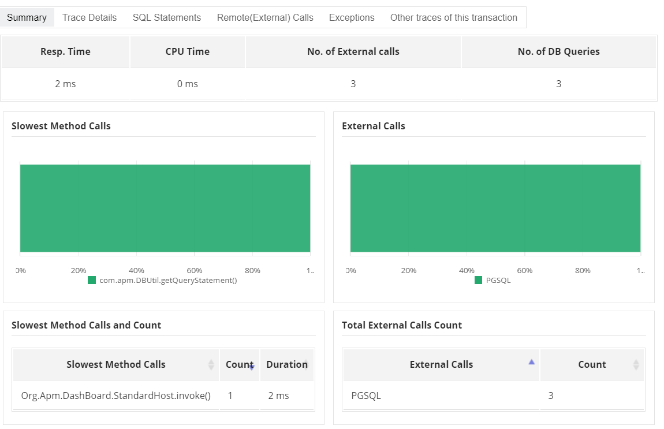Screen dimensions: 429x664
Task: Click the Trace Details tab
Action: click(x=89, y=17)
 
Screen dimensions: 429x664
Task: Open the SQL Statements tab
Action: click(x=167, y=17)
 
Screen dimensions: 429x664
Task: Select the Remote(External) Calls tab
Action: click(x=265, y=17)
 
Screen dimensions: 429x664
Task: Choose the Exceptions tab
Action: click(x=352, y=17)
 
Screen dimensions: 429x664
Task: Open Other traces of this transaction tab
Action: click(x=454, y=17)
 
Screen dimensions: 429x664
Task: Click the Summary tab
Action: click(x=27, y=17)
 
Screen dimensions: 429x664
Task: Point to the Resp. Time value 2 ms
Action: click(x=65, y=84)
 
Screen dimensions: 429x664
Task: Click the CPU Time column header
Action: click(x=187, y=51)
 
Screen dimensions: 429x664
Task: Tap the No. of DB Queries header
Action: click(x=558, y=51)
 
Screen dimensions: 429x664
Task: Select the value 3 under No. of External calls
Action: click(x=353, y=84)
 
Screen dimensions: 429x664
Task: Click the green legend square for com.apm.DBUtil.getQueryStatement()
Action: click(x=92, y=280)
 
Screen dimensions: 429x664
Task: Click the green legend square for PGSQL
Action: click(x=478, y=280)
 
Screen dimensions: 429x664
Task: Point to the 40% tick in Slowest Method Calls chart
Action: click(x=136, y=270)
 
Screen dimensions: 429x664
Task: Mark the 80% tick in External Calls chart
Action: click(x=583, y=270)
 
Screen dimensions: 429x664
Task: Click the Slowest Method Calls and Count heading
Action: click(x=86, y=325)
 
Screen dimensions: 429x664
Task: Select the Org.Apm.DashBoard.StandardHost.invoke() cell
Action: click(x=115, y=396)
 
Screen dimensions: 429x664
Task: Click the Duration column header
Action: click(x=286, y=364)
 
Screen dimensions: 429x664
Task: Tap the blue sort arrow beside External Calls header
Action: click(x=532, y=361)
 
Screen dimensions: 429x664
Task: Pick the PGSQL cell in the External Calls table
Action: click(x=366, y=396)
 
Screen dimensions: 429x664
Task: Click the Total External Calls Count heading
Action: click(x=402, y=325)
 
